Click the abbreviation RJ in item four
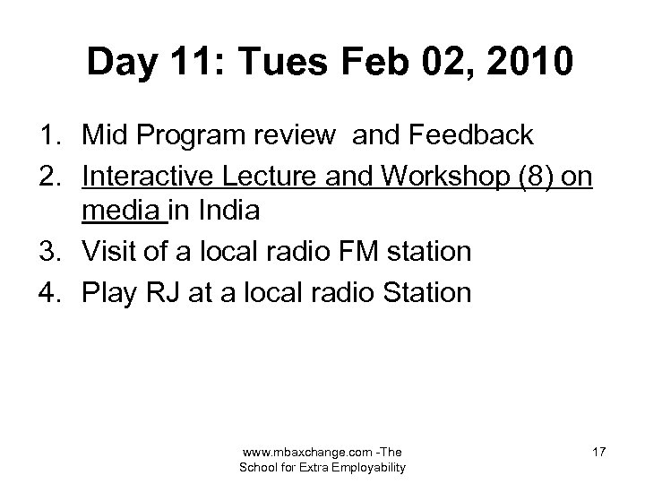175,291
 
